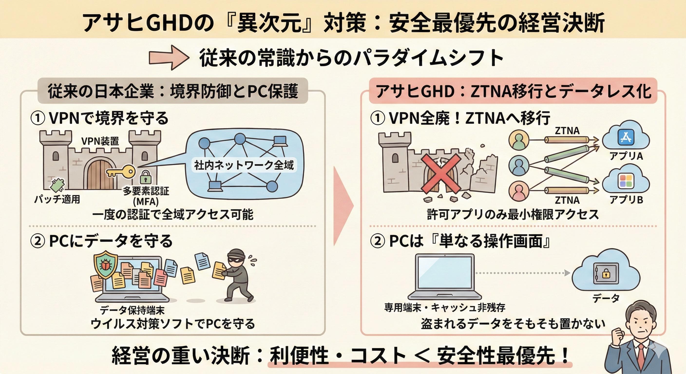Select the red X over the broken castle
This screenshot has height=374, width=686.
click(440, 174)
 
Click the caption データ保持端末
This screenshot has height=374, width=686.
click(132, 310)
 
